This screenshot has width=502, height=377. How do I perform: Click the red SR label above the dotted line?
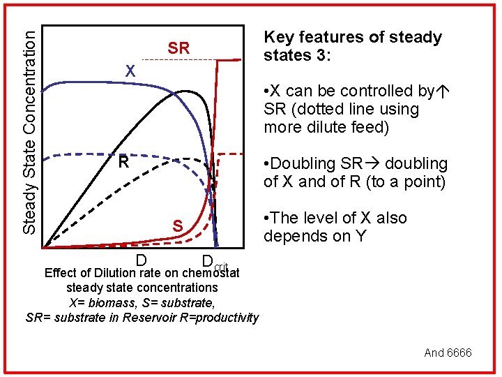click(178, 48)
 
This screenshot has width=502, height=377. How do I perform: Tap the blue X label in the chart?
click(130, 71)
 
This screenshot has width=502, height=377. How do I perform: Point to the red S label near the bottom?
click(178, 226)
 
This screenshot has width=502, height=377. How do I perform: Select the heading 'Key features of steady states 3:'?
click(352, 46)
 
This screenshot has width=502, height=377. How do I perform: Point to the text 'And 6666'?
click(448, 353)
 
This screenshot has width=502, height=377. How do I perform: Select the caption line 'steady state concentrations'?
click(142, 288)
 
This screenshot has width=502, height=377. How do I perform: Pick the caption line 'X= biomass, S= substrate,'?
click(142, 303)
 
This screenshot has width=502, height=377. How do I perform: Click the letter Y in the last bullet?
click(360, 237)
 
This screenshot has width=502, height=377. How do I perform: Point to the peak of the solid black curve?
click(185, 91)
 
